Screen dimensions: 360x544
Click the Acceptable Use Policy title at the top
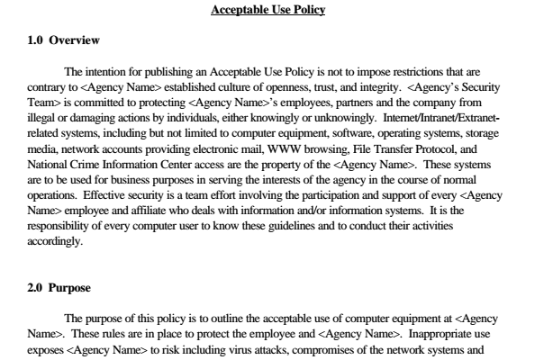point(267,11)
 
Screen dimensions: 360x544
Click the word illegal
point(41,117)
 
